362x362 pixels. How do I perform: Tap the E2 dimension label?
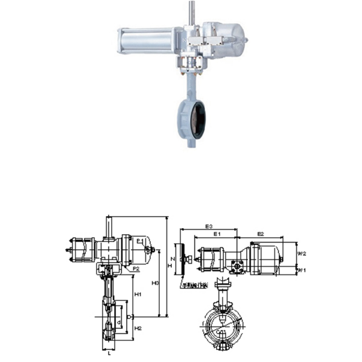tap(261, 233)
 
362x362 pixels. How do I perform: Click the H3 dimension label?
tap(155, 282)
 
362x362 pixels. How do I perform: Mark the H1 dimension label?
tap(138, 294)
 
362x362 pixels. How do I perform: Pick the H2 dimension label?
tap(138, 328)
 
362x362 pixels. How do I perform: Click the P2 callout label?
tap(136, 268)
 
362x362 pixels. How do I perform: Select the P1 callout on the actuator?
tap(139, 241)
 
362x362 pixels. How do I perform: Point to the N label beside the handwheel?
tap(172, 259)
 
